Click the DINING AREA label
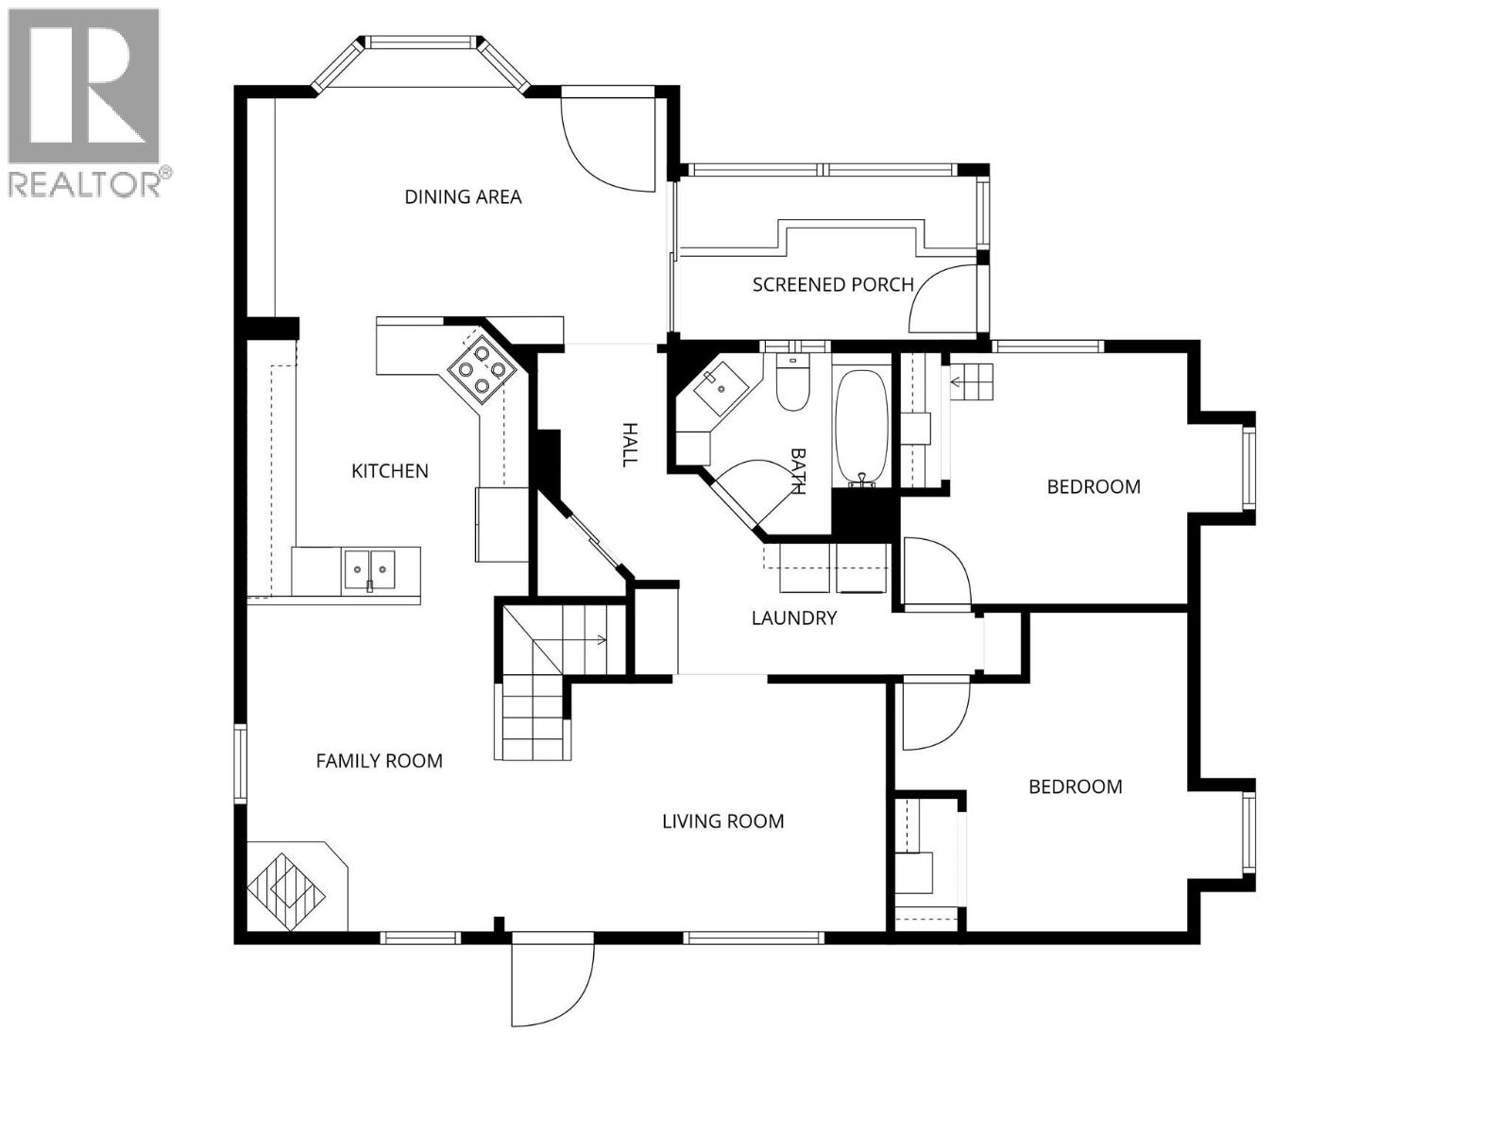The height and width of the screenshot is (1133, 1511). pyautogui.click(x=463, y=197)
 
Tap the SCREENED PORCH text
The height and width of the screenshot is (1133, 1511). pyautogui.click(x=833, y=285)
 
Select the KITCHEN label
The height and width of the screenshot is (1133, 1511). pyautogui.click(x=390, y=471)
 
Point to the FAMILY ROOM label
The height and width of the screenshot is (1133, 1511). pyautogui.click(x=380, y=761)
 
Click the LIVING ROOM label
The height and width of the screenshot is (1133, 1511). pyautogui.click(x=722, y=821)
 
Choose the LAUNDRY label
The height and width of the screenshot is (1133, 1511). pyautogui.click(x=793, y=618)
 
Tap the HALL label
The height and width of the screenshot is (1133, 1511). pyautogui.click(x=629, y=445)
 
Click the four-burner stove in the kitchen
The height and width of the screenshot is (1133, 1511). pyautogui.click(x=482, y=372)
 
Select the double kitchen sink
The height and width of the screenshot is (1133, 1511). pyautogui.click(x=369, y=570)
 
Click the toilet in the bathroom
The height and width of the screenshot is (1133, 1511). pyautogui.click(x=792, y=382)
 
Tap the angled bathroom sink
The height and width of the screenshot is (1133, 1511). pyautogui.click(x=720, y=389)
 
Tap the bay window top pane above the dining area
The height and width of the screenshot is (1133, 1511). pyautogui.click(x=420, y=42)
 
